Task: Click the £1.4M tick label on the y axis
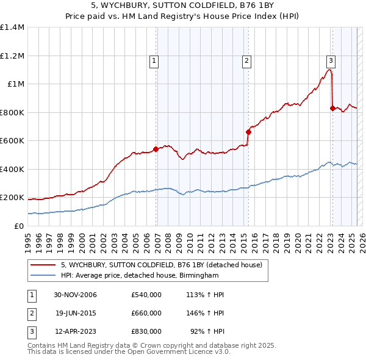click(x=12, y=27)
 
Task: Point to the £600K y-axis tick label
click(x=12, y=140)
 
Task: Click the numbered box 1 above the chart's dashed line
click(x=154, y=60)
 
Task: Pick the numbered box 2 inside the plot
click(x=246, y=60)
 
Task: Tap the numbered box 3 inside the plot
click(x=331, y=60)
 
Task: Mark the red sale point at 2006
click(x=156, y=148)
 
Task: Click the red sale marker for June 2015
click(x=248, y=131)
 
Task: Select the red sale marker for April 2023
click(x=332, y=108)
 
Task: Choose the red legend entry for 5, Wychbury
click(x=161, y=265)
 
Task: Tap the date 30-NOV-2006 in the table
click(x=76, y=295)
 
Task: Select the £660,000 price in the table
click(x=146, y=313)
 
